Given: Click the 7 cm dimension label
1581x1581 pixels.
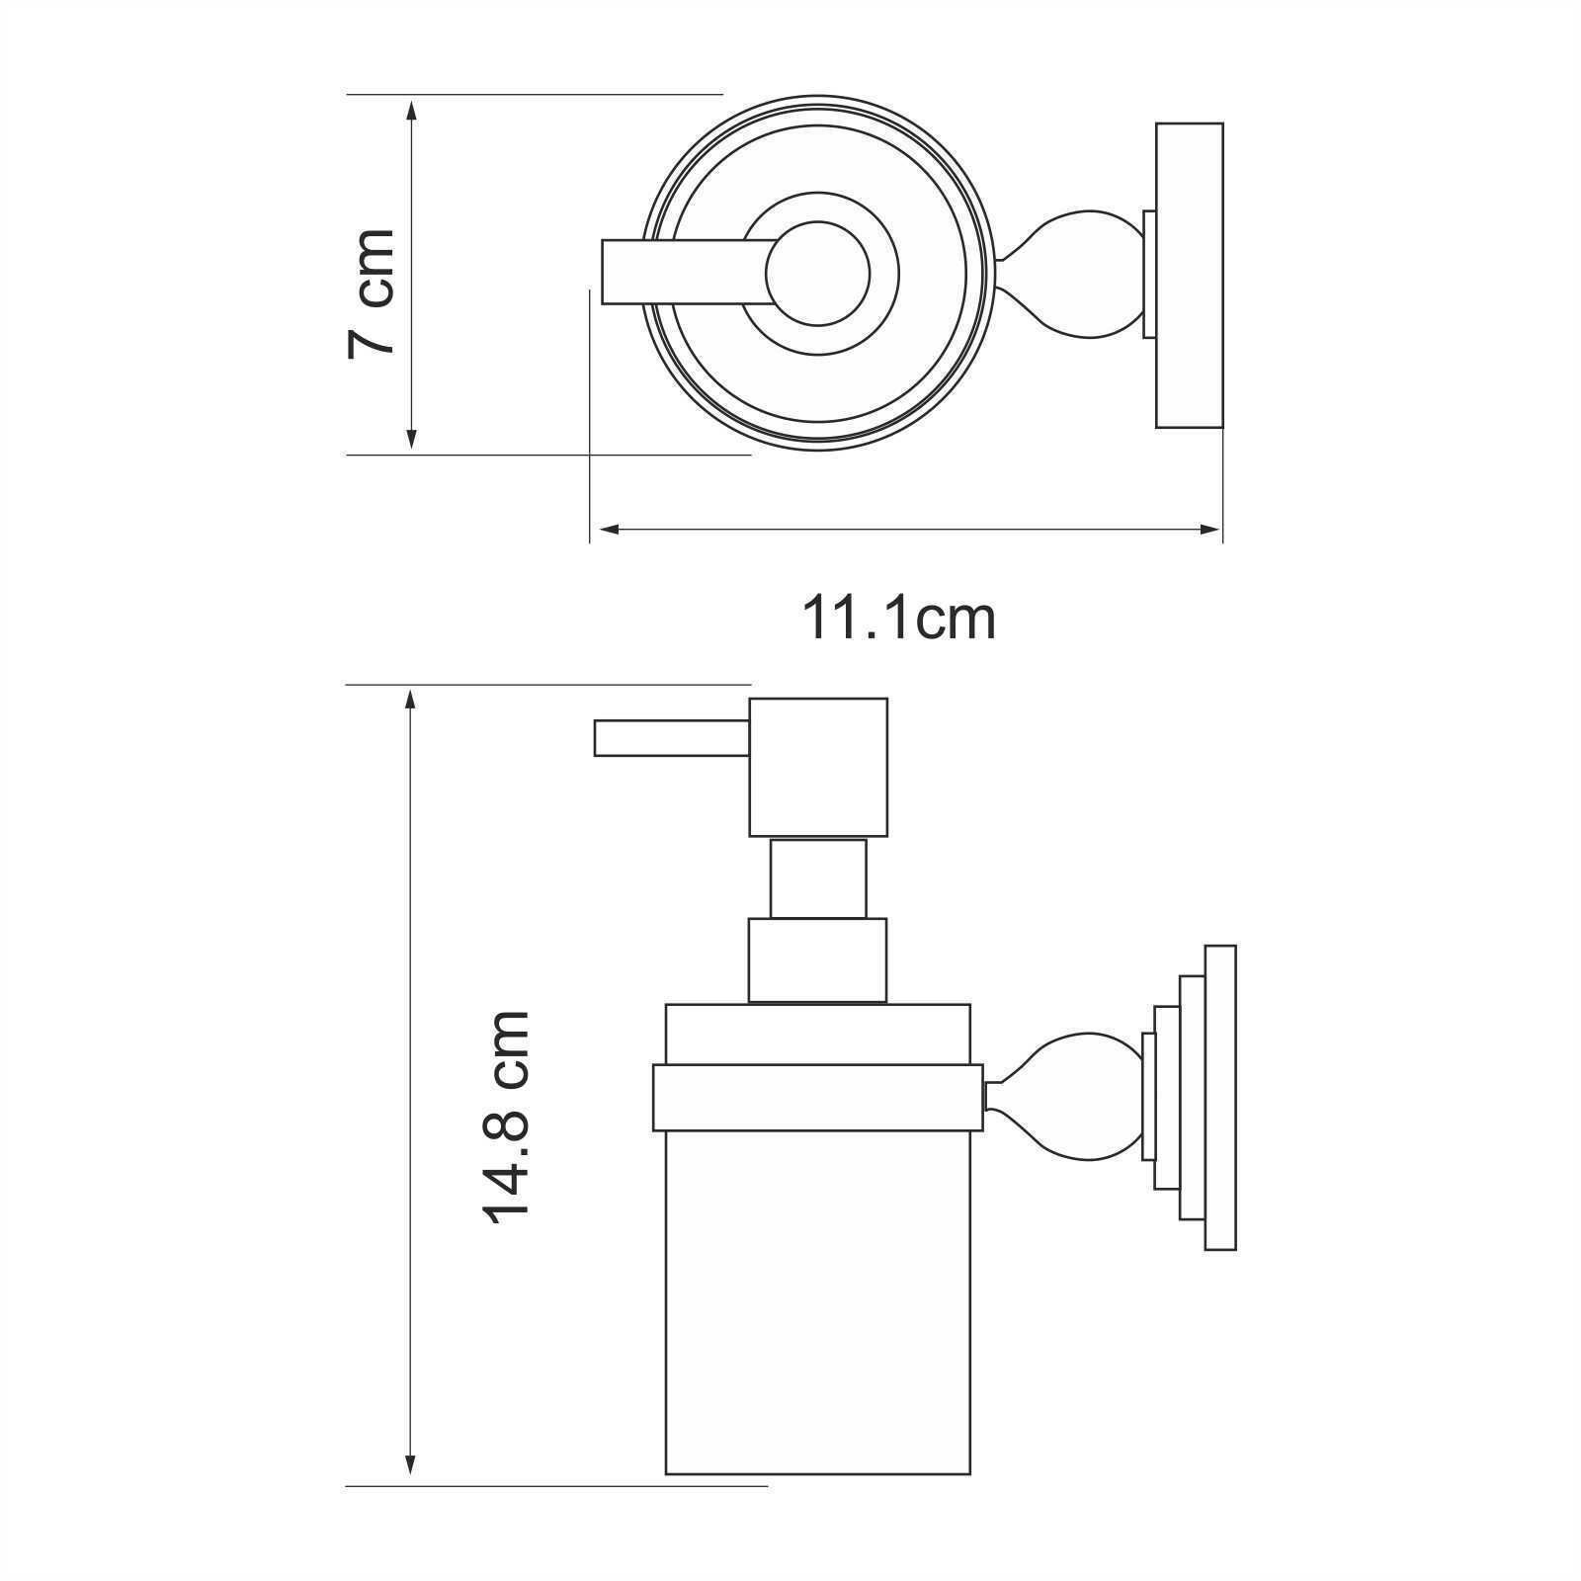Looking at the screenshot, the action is pos(372,292).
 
